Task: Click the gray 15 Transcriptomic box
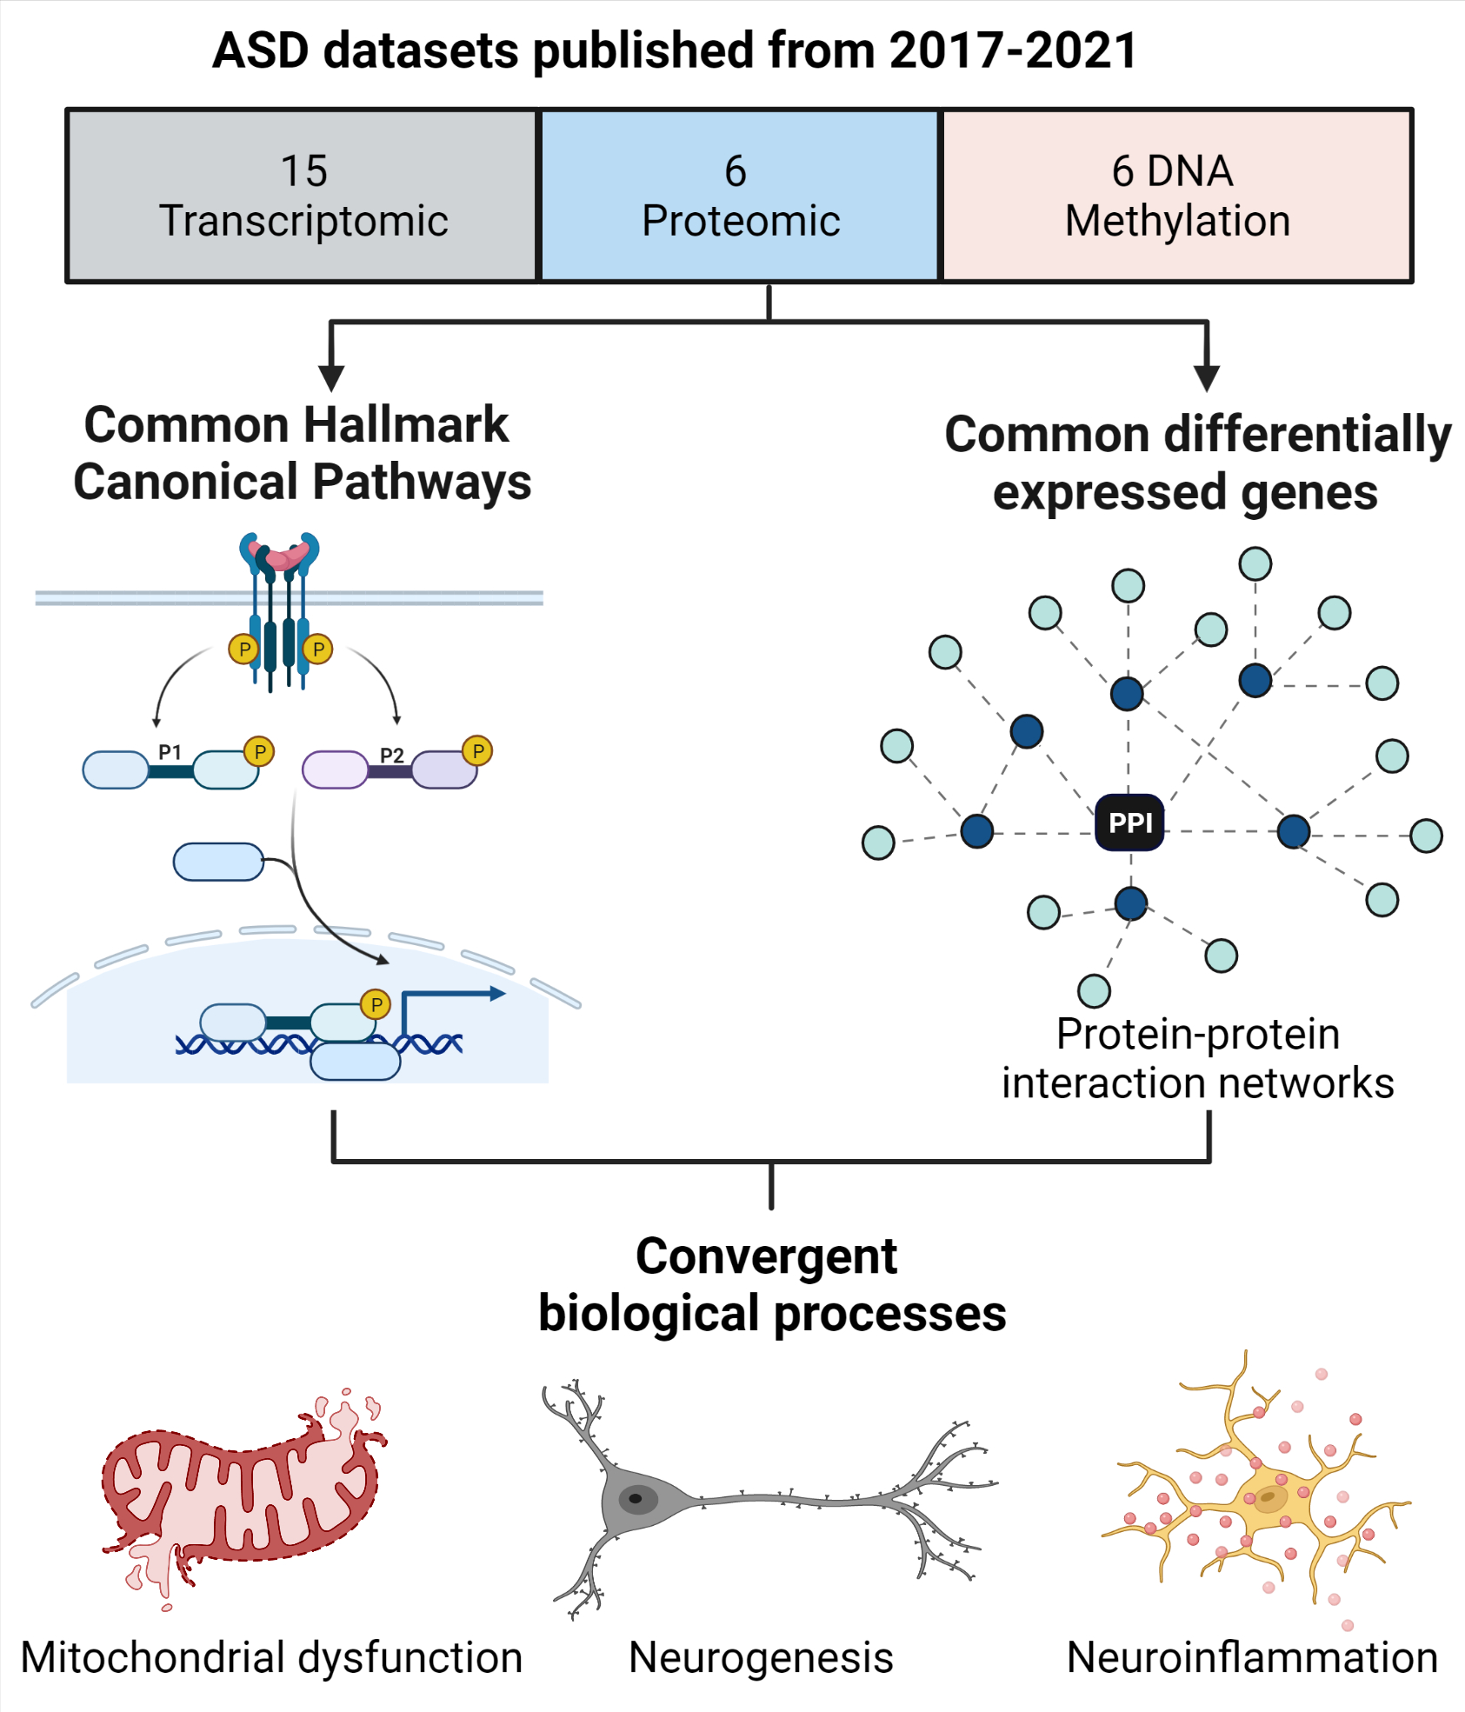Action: pyautogui.click(x=303, y=196)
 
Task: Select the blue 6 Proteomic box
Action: pyautogui.click(x=740, y=196)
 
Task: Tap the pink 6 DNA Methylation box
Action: pyautogui.click(x=1176, y=196)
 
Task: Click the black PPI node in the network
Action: pyautogui.click(x=1129, y=822)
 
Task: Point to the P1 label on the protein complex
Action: pyautogui.click(x=170, y=752)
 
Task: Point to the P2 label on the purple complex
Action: pyautogui.click(x=392, y=755)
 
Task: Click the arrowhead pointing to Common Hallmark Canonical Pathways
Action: pyautogui.click(x=331, y=378)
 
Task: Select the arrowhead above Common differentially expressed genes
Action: pyautogui.click(x=1207, y=378)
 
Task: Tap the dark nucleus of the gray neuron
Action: pyautogui.click(x=636, y=1498)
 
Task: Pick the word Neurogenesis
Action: pyautogui.click(x=761, y=1657)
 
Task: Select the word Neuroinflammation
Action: pyautogui.click(x=1252, y=1657)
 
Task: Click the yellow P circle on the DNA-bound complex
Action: pyautogui.click(x=376, y=1005)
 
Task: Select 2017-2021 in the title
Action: pyautogui.click(x=1013, y=50)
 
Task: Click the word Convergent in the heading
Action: pyautogui.click(x=766, y=1256)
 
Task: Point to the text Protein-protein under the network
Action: pyautogui.click(x=1197, y=1035)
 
